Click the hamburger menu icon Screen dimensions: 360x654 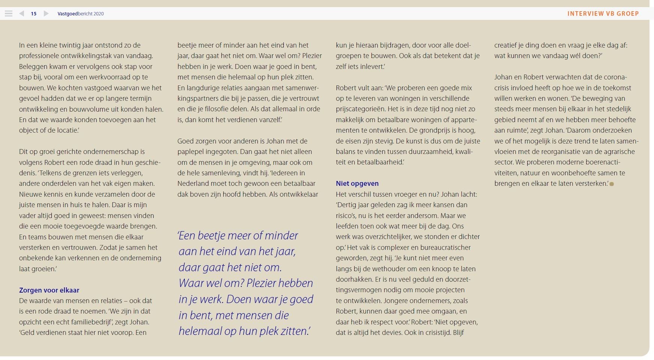[9, 13]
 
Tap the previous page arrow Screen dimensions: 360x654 [22, 13]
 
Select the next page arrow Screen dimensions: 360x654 [46, 13]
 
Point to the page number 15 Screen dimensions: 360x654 [34, 13]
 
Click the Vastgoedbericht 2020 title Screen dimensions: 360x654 [81, 13]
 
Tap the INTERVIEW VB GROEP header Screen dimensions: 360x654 [603, 13]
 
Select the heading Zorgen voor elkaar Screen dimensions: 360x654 [49, 290]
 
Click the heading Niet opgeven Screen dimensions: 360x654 [357, 183]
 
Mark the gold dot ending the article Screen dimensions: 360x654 [612, 184]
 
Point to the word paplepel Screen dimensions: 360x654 [191, 152]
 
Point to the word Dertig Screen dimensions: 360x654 [347, 205]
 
